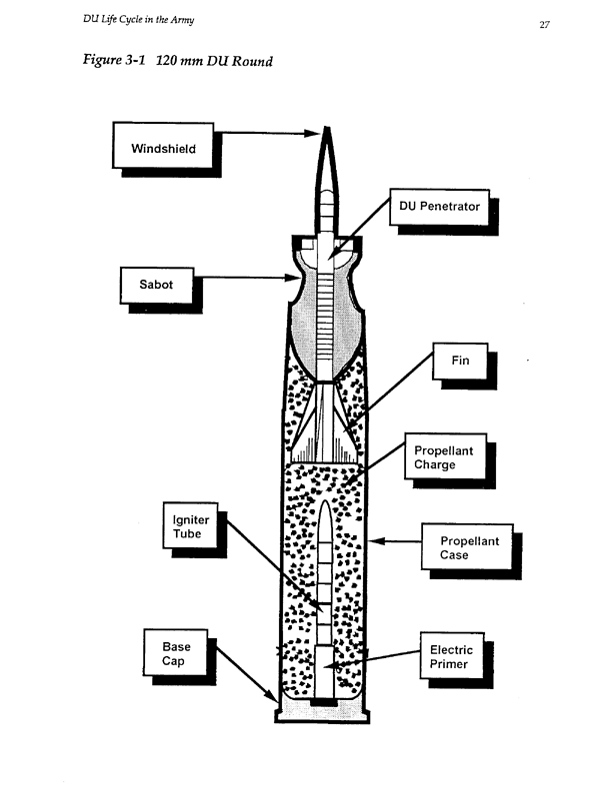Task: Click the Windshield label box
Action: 163,150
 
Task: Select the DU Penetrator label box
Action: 439,207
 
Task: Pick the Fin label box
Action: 460,361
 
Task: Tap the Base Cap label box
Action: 176,653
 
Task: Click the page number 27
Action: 545,26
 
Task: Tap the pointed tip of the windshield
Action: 327,129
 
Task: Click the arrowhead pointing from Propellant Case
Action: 374,542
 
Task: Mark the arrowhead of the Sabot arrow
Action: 292,279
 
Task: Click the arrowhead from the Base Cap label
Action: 273,697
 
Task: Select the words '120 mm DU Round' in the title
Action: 215,62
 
